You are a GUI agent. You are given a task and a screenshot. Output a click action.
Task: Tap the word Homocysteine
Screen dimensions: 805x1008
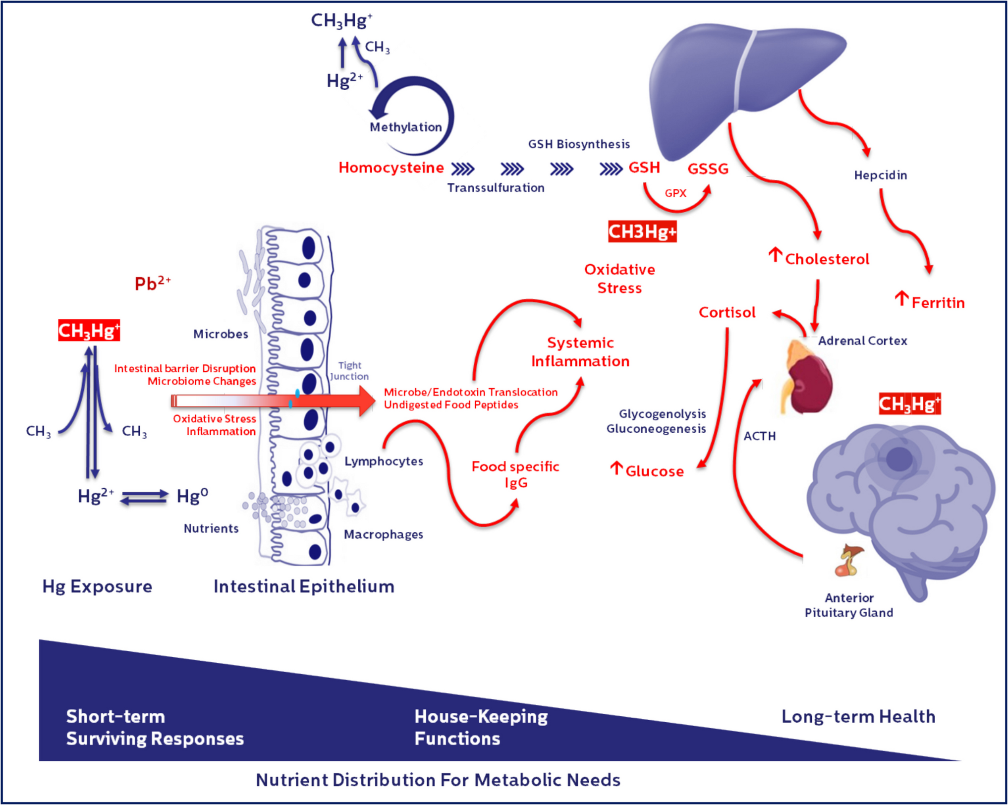coord(391,168)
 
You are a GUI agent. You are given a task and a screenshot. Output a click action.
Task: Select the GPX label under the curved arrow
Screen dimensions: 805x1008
coord(675,193)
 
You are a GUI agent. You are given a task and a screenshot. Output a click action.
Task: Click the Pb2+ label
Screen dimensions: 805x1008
coord(152,284)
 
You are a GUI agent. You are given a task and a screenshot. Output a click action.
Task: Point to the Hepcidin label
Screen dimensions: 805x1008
coord(880,175)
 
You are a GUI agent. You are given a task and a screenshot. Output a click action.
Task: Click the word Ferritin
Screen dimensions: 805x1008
coord(938,303)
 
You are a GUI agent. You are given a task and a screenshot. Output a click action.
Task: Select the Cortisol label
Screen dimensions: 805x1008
coord(727,312)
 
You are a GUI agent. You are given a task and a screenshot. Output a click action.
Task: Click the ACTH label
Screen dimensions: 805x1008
coord(759,436)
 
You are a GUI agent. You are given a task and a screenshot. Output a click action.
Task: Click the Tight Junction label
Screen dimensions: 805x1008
coord(349,371)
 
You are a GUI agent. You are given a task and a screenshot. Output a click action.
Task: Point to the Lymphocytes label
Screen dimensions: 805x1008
coord(384,461)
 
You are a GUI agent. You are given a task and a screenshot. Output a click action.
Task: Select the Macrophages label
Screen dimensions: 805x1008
coord(383,534)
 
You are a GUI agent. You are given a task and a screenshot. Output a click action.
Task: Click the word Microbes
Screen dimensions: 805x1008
coord(221,334)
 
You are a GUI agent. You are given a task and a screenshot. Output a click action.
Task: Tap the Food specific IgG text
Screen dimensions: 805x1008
coord(515,474)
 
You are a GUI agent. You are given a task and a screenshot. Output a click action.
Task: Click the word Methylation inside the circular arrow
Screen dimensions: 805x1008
coord(406,127)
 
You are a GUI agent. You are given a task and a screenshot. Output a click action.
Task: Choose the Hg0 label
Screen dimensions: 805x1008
coord(192,496)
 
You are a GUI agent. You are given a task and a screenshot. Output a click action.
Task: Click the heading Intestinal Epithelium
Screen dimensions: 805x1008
coord(304,586)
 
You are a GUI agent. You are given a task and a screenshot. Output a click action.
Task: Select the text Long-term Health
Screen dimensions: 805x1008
coord(858,717)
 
